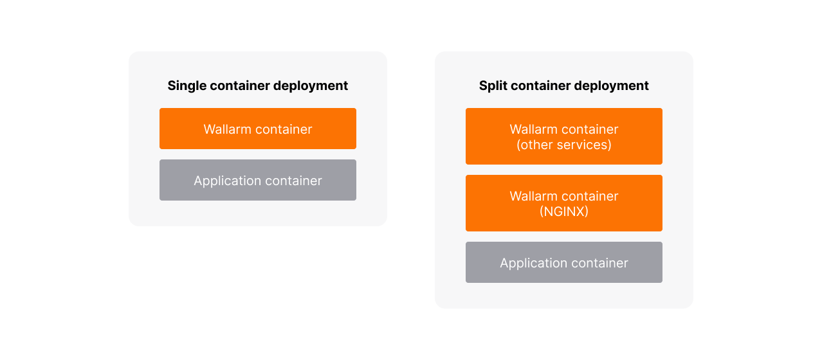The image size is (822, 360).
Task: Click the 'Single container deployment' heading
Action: pos(257,85)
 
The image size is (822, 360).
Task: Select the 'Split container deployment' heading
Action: pos(563,85)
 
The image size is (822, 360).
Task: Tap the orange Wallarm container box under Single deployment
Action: pos(257,129)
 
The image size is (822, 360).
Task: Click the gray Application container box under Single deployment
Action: pos(257,180)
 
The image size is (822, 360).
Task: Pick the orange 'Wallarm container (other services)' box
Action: pos(563,136)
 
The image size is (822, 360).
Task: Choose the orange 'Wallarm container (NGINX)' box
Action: pos(563,203)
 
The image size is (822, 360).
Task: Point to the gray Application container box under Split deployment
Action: pos(563,262)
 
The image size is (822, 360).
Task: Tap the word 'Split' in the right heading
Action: pos(492,85)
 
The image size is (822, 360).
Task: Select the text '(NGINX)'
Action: pos(563,211)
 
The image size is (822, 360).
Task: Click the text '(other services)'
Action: pos(563,145)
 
